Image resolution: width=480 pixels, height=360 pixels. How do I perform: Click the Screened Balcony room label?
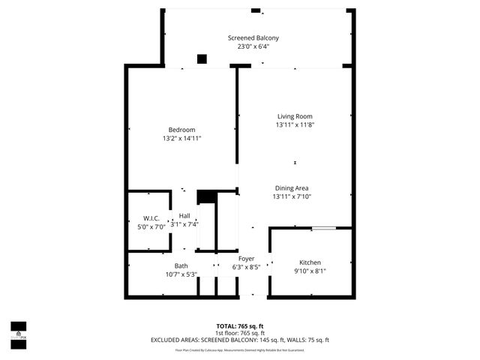(x=253, y=37)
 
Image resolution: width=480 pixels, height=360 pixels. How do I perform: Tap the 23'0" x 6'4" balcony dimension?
(x=253, y=46)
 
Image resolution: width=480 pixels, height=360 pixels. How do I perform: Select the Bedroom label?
(x=181, y=130)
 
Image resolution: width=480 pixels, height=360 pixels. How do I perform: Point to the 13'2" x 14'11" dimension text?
(x=181, y=139)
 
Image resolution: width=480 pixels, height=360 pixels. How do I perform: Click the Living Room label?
(x=295, y=116)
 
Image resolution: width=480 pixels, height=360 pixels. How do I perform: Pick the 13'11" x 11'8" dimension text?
(x=295, y=125)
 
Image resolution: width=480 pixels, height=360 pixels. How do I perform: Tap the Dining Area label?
(x=292, y=187)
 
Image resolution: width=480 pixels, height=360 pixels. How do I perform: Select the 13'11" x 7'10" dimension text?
(x=292, y=196)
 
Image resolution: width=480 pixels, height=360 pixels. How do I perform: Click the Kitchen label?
(x=310, y=262)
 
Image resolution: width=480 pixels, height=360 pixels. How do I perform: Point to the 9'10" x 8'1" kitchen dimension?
(x=310, y=271)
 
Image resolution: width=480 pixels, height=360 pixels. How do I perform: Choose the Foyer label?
(x=246, y=258)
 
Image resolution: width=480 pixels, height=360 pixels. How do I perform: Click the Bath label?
(x=181, y=265)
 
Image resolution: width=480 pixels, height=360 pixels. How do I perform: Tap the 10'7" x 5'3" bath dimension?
(x=181, y=274)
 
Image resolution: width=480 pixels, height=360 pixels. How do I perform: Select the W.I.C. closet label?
(x=149, y=218)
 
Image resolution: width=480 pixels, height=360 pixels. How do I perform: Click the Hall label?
(x=184, y=216)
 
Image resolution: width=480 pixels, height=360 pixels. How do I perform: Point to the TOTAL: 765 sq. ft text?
(x=239, y=326)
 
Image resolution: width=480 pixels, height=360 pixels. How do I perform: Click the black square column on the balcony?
(x=202, y=59)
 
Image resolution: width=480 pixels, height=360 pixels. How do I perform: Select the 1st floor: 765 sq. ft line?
(x=239, y=333)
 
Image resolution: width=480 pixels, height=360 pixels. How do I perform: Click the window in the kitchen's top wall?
(x=324, y=227)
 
